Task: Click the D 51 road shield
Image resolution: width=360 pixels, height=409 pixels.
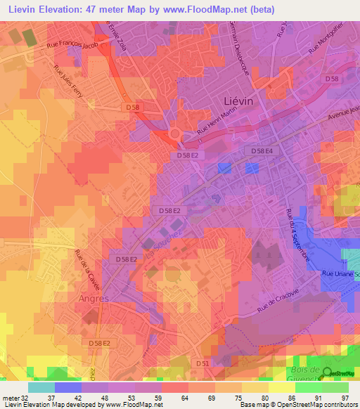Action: coord(202,364)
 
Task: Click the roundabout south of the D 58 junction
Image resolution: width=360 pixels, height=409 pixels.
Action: coord(174,134)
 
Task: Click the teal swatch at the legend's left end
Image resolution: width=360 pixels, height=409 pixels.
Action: coord(41,387)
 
